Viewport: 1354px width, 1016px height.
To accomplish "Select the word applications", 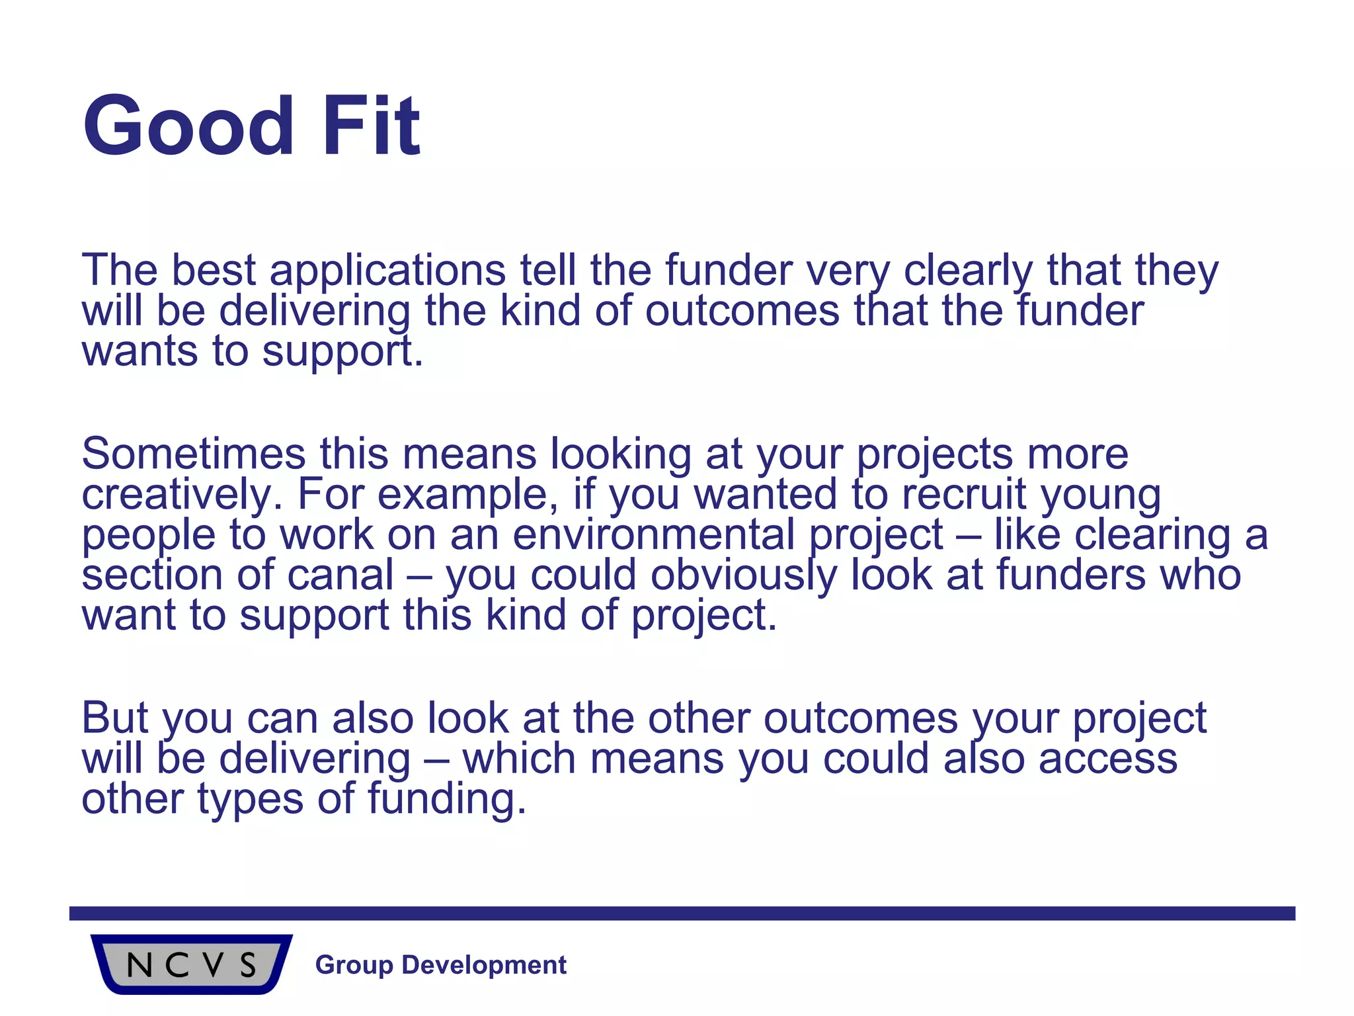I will (x=387, y=271).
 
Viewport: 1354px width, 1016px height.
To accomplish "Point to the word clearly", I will (x=967, y=271).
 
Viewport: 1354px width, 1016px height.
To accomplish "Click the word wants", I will (x=139, y=352).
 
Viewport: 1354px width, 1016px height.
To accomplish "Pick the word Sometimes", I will (x=194, y=454).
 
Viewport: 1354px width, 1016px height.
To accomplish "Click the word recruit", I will (x=964, y=495).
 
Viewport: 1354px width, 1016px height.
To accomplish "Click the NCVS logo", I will (x=192, y=964).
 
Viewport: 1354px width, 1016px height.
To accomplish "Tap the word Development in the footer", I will (x=484, y=965).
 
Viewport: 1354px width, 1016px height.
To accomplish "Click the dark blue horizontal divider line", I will (x=682, y=913).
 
